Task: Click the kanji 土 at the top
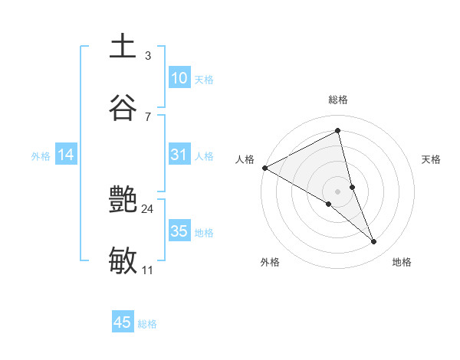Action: (x=123, y=46)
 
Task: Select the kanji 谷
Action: (x=123, y=107)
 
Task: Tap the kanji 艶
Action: (x=123, y=201)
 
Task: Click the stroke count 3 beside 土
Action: (x=148, y=56)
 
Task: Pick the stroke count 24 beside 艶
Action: (x=148, y=208)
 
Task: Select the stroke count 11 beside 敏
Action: (x=148, y=270)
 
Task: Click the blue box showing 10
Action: (x=179, y=78)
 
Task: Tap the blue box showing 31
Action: (x=179, y=155)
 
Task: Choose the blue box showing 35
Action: (x=179, y=231)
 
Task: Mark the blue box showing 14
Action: (x=66, y=155)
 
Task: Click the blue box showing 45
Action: (x=123, y=322)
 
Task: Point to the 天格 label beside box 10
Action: (x=204, y=80)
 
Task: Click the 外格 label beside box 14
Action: (x=41, y=156)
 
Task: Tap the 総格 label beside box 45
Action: (x=147, y=324)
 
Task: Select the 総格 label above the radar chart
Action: (x=338, y=100)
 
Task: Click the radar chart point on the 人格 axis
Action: (x=264, y=168)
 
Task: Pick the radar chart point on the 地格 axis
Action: (x=374, y=241)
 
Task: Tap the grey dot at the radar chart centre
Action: (x=338, y=191)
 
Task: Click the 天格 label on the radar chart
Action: (x=432, y=159)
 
